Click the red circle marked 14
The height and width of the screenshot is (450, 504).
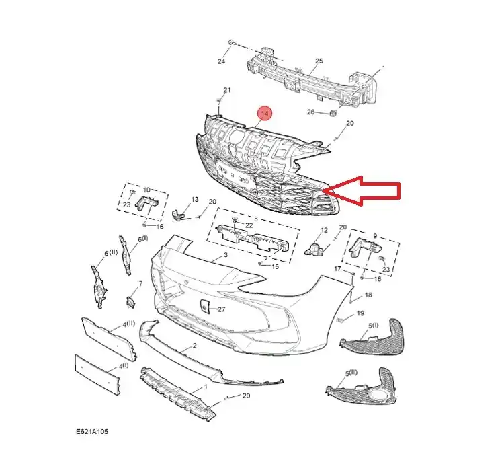click(x=265, y=114)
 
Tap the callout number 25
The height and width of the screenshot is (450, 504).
click(x=319, y=61)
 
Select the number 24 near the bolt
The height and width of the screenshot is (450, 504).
click(x=221, y=62)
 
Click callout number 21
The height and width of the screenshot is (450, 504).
click(x=227, y=90)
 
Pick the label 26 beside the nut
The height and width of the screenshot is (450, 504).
click(x=310, y=112)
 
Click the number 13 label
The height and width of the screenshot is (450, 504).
click(x=195, y=200)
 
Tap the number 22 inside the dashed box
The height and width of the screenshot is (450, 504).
click(x=249, y=225)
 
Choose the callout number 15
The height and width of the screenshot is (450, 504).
click(x=275, y=266)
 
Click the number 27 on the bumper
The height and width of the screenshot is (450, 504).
click(x=221, y=310)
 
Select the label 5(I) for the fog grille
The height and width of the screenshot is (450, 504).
click(x=373, y=326)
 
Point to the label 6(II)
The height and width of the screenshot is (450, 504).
click(x=111, y=254)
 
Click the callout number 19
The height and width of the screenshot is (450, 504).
click(x=360, y=314)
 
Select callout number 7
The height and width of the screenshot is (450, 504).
click(x=140, y=283)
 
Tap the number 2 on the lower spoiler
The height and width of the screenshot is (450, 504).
click(x=194, y=346)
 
